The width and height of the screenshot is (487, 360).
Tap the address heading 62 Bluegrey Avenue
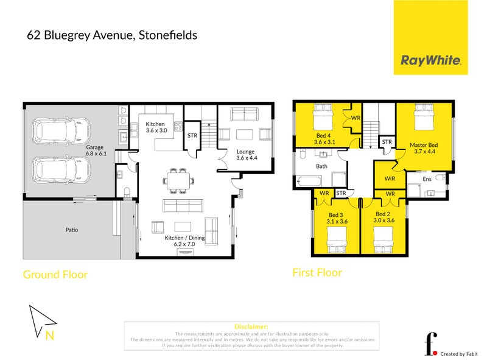pos(112,35)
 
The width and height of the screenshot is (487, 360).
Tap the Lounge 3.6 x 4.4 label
pos(245,155)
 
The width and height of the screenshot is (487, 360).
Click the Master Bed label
pos(424,147)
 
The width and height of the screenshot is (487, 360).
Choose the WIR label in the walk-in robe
pos(391,178)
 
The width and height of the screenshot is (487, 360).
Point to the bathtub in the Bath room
pos(310,181)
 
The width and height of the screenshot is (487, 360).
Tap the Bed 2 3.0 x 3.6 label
pos(382,217)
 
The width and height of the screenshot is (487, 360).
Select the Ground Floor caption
pos(55,275)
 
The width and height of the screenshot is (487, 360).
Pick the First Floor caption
pos(317,272)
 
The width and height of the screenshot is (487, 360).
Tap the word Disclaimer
pos(251,327)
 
